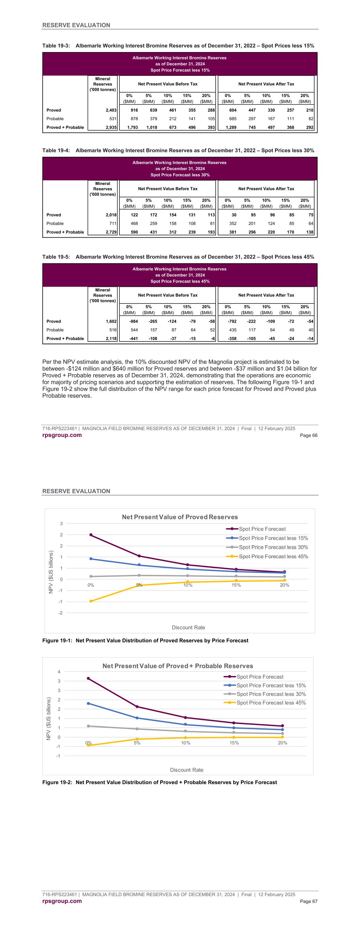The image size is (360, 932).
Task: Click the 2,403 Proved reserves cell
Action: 110,110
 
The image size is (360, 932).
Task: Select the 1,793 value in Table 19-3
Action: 132,127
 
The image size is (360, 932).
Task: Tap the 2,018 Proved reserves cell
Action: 110,215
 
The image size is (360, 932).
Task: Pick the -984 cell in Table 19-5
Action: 133,321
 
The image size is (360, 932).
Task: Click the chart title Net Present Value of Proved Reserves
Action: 180,517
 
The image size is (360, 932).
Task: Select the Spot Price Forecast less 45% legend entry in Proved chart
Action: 273,556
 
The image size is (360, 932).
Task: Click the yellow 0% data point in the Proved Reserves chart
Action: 91,601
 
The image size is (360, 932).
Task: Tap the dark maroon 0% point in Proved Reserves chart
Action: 91,535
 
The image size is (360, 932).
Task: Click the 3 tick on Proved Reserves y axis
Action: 61,524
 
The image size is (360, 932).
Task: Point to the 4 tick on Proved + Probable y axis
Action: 59,672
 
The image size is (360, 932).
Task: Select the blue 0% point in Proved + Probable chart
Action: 88,703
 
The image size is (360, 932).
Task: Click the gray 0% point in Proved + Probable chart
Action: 88,726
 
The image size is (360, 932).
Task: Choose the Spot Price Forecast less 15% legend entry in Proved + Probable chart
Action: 271,685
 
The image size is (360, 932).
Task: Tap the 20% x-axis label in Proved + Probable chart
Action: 283,743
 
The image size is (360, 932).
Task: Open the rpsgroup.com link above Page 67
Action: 62,901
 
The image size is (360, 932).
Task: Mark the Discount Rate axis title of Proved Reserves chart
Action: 188,627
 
